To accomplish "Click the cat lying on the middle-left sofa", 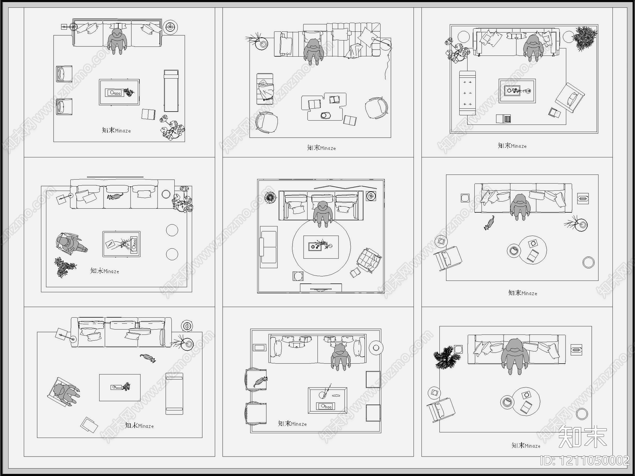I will click(115, 196).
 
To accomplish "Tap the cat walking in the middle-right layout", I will click(489, 223).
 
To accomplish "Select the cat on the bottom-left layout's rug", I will click(148, 358).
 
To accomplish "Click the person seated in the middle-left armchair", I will click(71, 244).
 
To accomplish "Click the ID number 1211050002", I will click(585, 461).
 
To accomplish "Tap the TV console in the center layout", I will click(321, 288).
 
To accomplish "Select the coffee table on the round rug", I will click(321, 247).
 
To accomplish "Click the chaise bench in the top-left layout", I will click(171, 91).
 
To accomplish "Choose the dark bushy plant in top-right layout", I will click(585, 38).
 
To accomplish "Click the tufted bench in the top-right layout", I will click(467, 93).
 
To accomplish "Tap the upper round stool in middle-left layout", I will click(172, 230).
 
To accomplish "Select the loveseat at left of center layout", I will click(269, 247).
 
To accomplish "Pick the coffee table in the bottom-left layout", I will click(119, 387).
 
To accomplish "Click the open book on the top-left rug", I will click(148, 114).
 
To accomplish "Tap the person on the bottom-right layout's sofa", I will click(515, 355).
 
